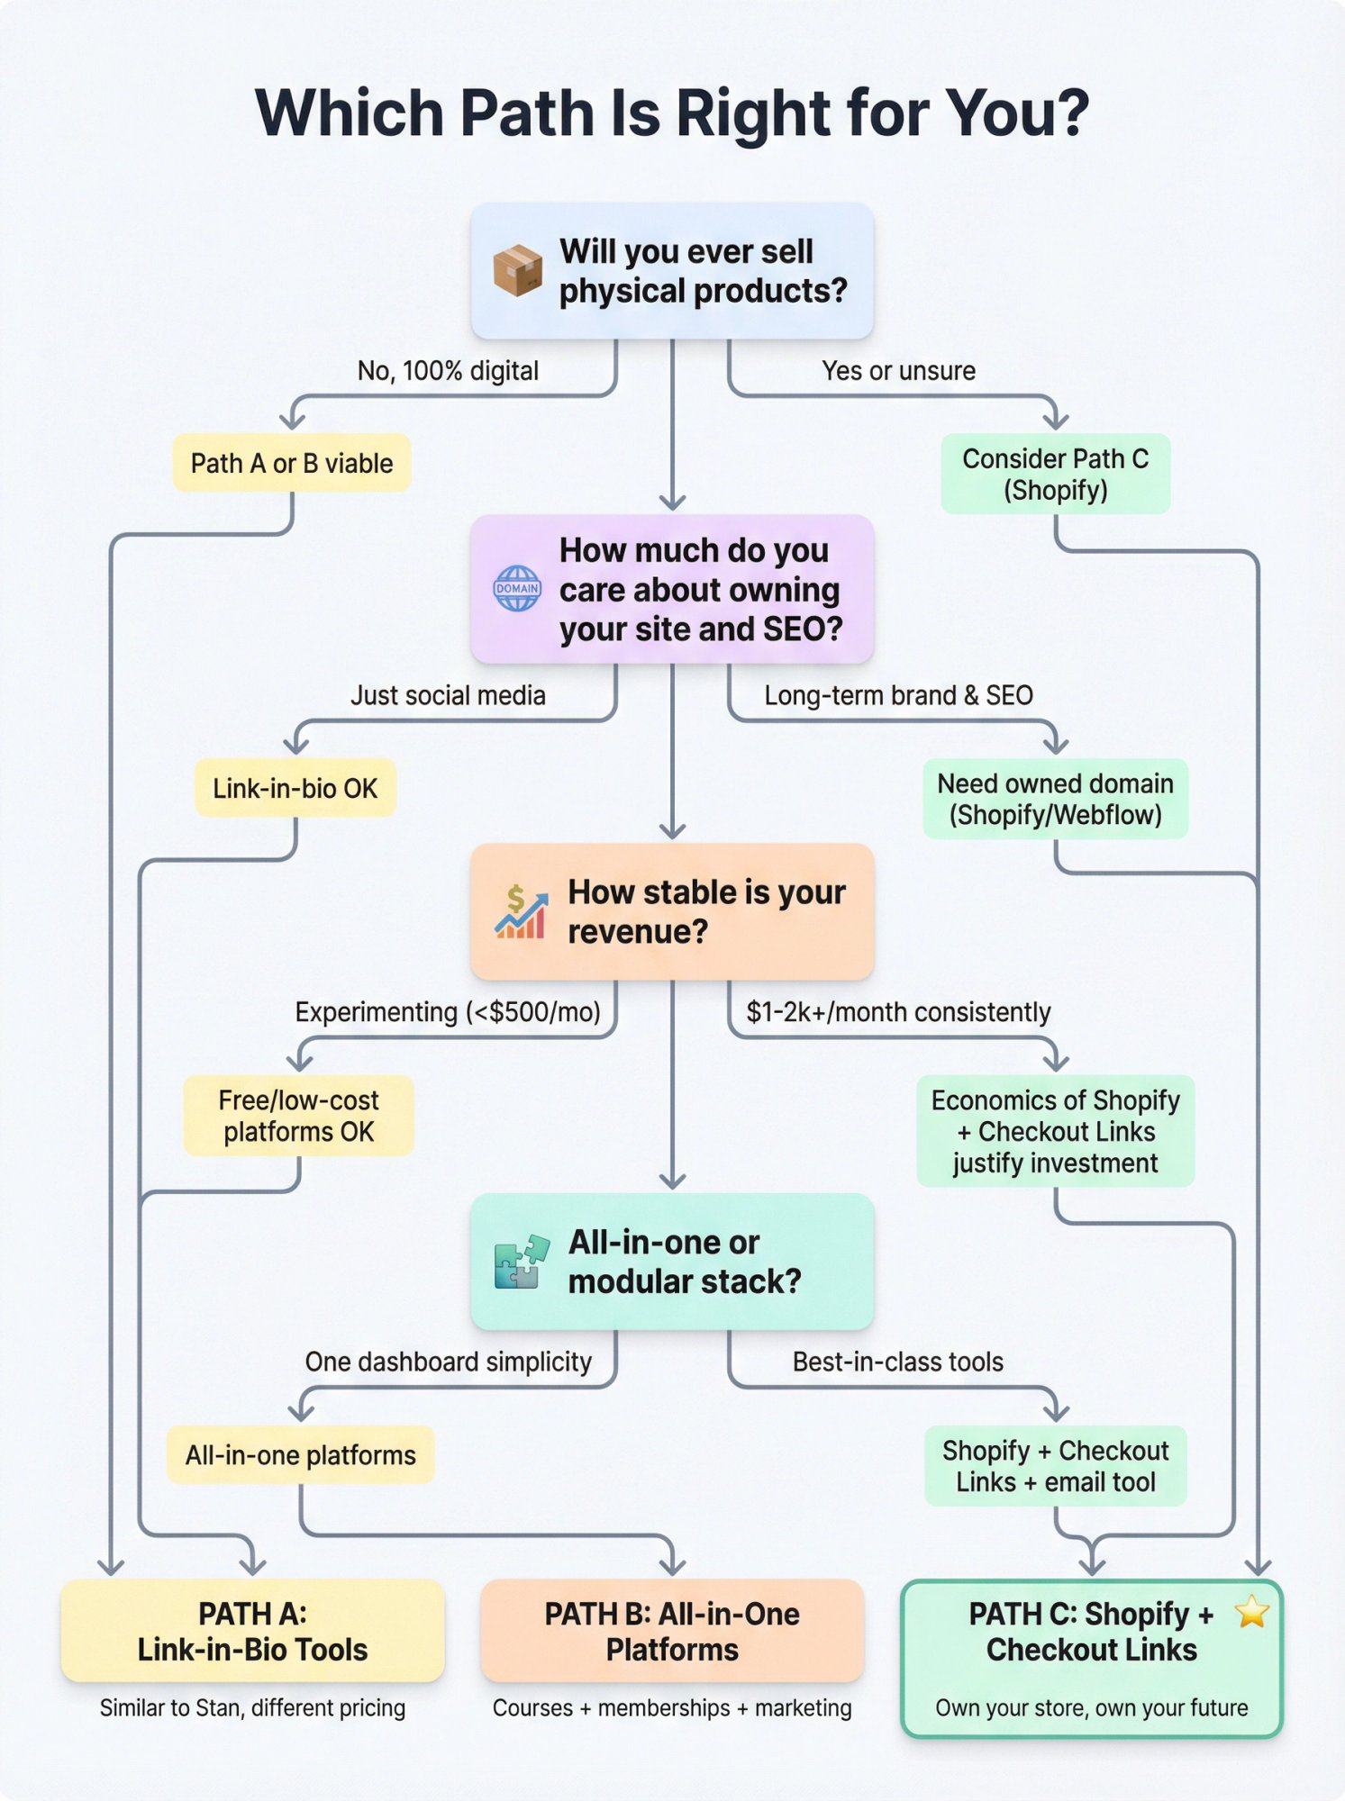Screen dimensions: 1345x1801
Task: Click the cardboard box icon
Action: point(517,270)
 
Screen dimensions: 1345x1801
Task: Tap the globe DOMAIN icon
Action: point(517,589)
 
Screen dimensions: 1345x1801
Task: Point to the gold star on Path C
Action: point(1252,1611)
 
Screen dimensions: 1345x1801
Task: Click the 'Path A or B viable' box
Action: point(292,463)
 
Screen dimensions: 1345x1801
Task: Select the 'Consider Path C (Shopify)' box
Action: point(1056,475)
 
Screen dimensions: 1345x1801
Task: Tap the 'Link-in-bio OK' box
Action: point(295,788)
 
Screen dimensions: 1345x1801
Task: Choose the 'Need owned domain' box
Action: point(1056,800)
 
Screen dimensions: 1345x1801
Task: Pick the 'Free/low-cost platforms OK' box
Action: point(299,1116)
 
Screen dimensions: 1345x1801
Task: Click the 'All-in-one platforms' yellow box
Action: point(301,1455)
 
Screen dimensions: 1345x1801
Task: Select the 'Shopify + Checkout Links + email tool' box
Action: point(1056,1466)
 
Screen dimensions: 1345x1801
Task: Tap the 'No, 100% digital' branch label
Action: point(449,371)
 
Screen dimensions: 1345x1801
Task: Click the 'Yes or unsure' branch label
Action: point(899,371)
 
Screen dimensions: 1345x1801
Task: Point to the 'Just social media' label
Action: point(449,695)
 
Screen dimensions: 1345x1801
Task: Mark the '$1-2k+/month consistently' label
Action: point(899,1012)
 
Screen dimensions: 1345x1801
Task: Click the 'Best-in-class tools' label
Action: point(898,1362)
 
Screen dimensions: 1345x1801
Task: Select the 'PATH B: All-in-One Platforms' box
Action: point(672,1631)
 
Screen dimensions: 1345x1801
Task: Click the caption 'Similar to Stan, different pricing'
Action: point(253,1708)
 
